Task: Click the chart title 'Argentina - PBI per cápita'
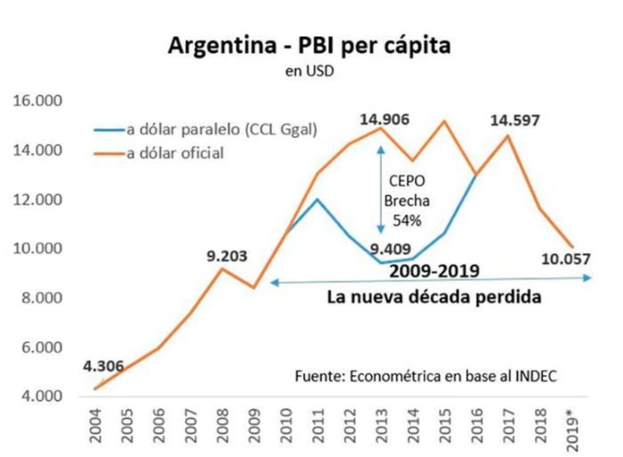pyautogui.click(x=309, y=46)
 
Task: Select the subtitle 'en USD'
pyautogui.click(x=309, y=71)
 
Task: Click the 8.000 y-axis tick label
pyautogui.click(x=40, y=298)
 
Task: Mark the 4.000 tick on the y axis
pyautogui.click(x=40, y=397)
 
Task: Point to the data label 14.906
pyautogui.click(x=384, y=119)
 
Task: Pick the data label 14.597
pyautogui.click(x=514, y=121)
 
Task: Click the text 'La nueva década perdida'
pyautogui.click(x=434, y=298)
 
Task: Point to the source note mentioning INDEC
pyautogui.click(x=426, y=376)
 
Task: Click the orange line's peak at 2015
pyautogui.click(x=444, y=121)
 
